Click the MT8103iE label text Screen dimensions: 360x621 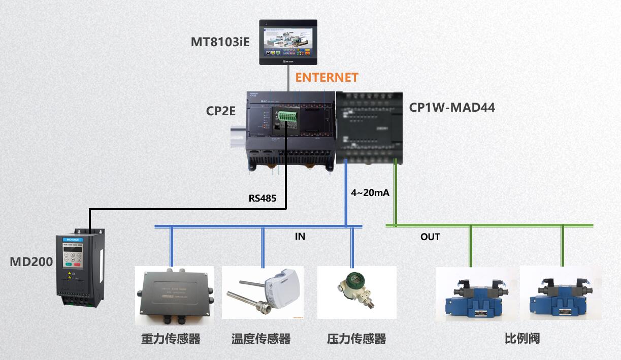point(220,42)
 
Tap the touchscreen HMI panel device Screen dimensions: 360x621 point(288,42)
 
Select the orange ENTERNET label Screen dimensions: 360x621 point(327,78)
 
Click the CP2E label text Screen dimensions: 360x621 point(220,111)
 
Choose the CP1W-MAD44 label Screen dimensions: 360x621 point(452,108)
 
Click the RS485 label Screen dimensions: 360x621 point(263,198)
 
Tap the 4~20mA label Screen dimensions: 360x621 point(370,193)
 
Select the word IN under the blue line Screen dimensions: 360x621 point(300,237)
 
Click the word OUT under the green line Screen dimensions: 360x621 point(430,237)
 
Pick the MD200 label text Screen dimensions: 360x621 point(31,262)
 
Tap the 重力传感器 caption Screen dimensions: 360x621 point(171,339)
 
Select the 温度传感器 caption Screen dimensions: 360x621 point(261,339)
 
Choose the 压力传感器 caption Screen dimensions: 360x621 point(356,339)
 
